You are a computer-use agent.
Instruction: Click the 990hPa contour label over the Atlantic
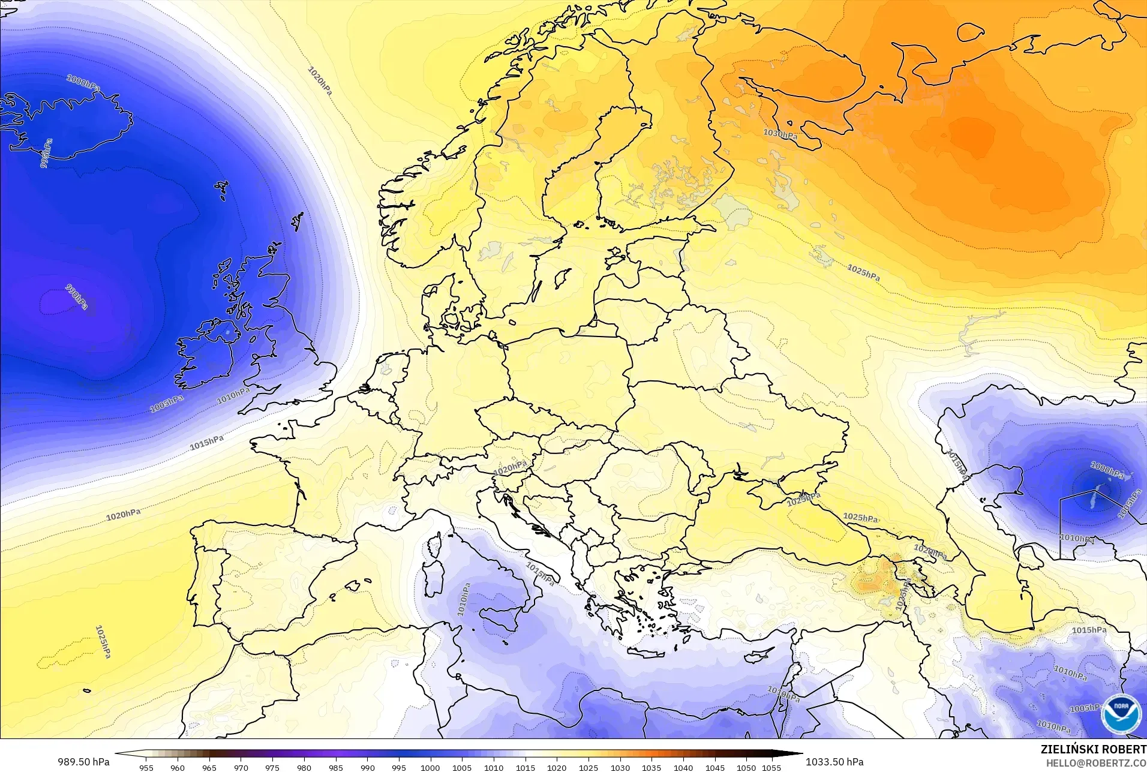(76, 297)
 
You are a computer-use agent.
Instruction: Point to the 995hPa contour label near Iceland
(46, 153)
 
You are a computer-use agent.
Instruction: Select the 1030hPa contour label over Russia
(780, 134)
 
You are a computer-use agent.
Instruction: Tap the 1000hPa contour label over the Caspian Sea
(1107, 470)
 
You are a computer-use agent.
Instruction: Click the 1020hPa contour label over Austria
(510, 467)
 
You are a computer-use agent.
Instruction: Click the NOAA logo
(1121, 713)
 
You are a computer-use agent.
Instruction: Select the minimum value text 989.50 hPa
(83, 762)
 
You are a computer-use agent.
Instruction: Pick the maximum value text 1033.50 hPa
(834, 762)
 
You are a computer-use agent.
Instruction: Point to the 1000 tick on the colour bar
(430, 767)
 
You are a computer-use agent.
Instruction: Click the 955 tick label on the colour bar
(146, 767)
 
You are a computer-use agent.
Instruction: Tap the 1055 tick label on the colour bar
(771, 767)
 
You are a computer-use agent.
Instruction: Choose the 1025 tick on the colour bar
(588, 767)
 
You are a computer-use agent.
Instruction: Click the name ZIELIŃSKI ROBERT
(1093, 750)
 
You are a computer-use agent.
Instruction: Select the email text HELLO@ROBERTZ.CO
(1096, 763)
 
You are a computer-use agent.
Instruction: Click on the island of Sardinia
(430, 573)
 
